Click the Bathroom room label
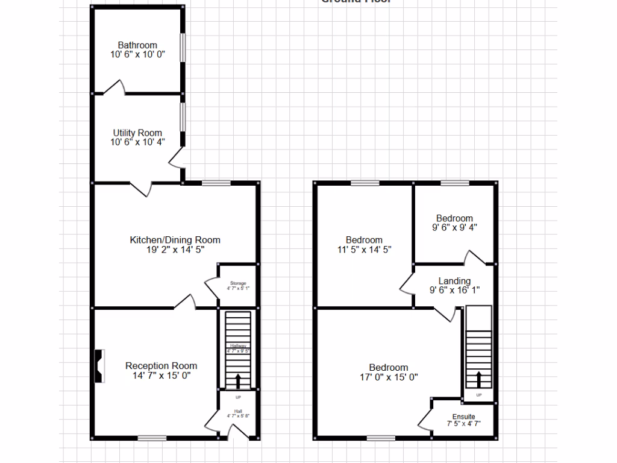[137, 45]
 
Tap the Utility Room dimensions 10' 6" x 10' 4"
[137, 142]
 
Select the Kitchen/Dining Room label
[175, 240]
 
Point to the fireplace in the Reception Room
[99, 366]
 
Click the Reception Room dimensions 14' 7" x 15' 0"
[161, 376]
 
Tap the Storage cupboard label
[238, 283]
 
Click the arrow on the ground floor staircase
[237, 380]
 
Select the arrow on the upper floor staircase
[479, 379]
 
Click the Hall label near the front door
[238, 411]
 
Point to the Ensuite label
[464, 417]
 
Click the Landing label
[454, 281]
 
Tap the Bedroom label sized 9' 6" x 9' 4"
[454, 218]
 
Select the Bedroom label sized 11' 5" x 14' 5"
[364, 240]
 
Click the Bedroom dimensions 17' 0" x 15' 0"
[389, 377]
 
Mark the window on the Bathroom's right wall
[183, 47]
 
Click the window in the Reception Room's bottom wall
[152, 438]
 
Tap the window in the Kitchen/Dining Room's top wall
[216, 183]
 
